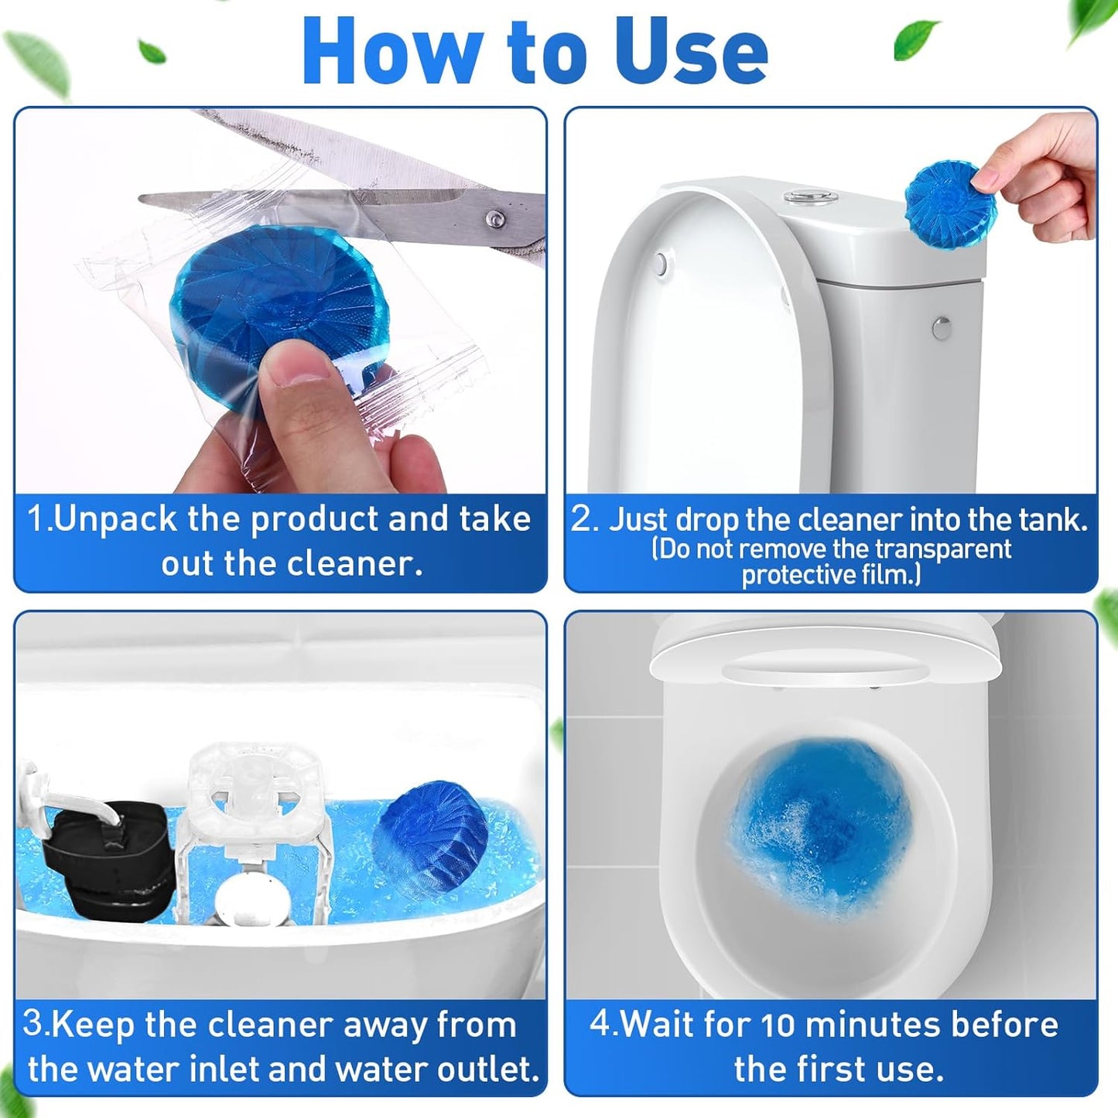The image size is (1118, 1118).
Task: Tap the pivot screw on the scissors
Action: click(495, 220)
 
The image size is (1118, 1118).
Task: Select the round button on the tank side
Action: click(942, 328)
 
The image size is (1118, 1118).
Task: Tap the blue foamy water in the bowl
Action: click(819, 828)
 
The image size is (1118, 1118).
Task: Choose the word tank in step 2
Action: click(1053, 519)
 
